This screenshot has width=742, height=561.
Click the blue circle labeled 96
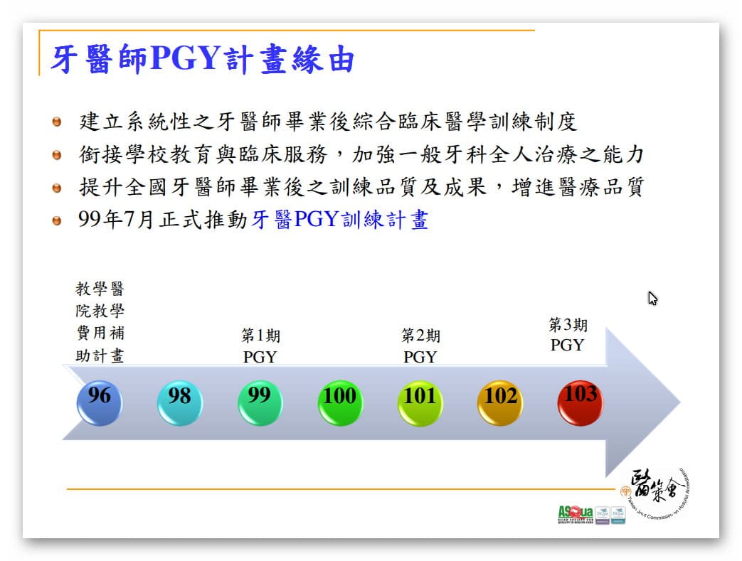tap(99, 402)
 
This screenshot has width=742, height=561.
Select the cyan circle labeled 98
tap(179, 402)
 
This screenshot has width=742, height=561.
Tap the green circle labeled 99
tap(260, 402)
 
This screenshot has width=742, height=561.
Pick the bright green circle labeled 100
tap(339, 402)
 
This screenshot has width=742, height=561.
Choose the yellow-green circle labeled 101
tap(420, 402)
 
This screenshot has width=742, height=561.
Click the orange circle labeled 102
tap(500, 402)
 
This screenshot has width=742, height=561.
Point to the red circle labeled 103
tap(581, 401)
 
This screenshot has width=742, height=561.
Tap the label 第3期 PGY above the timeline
tap(568, 335)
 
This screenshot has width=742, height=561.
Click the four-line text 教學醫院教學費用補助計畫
tap(100, 322)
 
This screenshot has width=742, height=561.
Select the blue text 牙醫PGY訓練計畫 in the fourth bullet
tap(340, 220)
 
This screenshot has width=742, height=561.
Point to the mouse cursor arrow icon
tap(652, 299)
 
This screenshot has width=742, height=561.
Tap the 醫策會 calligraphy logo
tap(654, 491)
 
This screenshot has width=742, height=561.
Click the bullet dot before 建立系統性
tap(58, 122)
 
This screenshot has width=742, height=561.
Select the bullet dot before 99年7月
tap(58, 220)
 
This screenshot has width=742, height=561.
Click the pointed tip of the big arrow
tap(677, 402)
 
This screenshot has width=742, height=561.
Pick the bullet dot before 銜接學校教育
tap(58, 154)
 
